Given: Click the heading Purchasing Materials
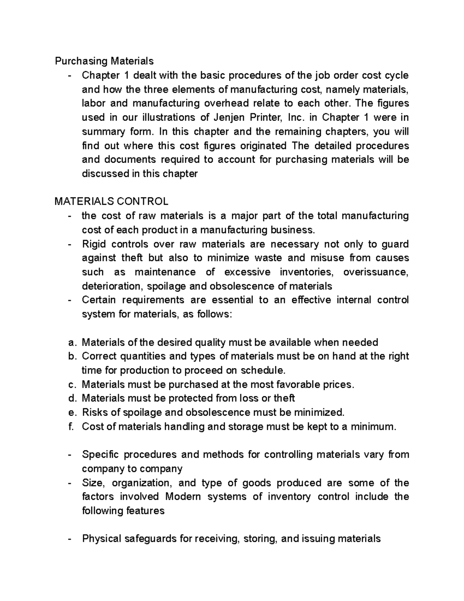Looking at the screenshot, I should pyautogui.click(x=104, y=61).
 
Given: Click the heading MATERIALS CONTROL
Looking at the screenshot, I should pyautogui.click(x=111, y=202).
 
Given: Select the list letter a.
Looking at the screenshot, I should pyautogui.click(x=70, y=342).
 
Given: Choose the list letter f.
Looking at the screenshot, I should pyautogui.click(x=70, y=427).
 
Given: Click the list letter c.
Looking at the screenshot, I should pyautogui.click(x=70, y=385).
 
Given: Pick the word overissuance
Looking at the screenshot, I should pyautogui.click(x=375, y=272).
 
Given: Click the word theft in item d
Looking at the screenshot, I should pyautogui.click(x=284, y=399).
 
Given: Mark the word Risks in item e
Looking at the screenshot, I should pyautogui.click(x=94, y=413).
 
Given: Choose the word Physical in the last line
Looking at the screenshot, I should pyautogui.click(x=100, y=539).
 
